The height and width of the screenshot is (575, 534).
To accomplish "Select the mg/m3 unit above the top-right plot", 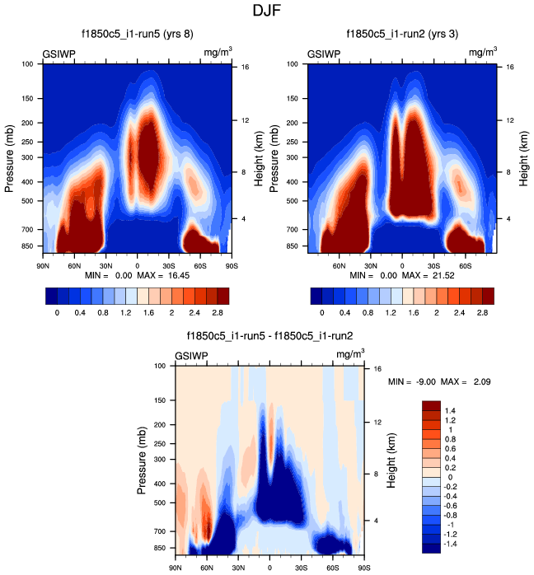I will (x=484, y=53).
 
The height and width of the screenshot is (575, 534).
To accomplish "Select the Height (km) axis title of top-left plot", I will (x=260, y=156).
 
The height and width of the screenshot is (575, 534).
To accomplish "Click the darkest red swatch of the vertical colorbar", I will (x=433, y=404).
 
